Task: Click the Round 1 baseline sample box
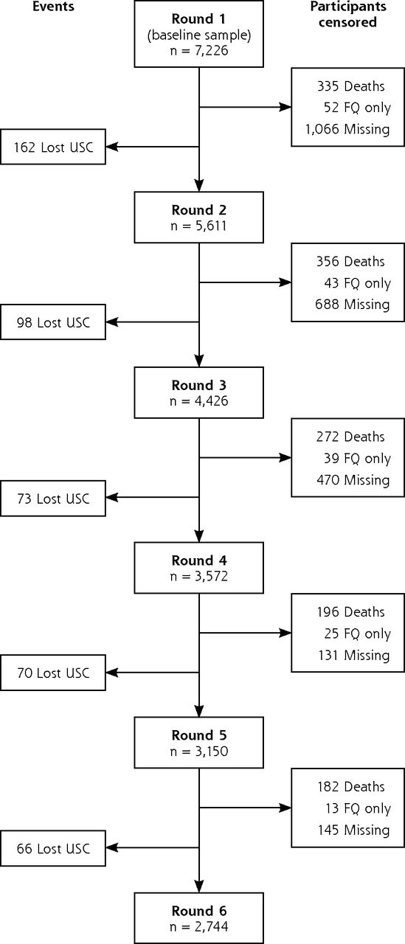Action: pyautogui.click(x=199, y=34)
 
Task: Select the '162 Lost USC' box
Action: pyautogui.click(x=53, y=147)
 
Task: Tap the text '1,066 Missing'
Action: pyautogui.click(x=347, y=129)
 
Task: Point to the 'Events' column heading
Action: pyautogui.click(x=54, y=7)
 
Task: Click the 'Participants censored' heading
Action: pyautogui.click(x=347, y=14)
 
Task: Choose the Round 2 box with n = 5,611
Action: pyautogui.click(x=199, y=218)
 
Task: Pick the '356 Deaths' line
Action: pyautogui.click(x=350, y=261)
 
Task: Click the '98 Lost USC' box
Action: pyautogui.click(x=53, y=322)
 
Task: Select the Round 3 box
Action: pyautogui.click(x=199, y=393)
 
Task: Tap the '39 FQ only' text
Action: pyautogui.click(x=357, y=458)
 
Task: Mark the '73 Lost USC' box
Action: pyautogui.click(x=53, y=498)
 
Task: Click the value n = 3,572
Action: pyautogui.click(x=199, y=576)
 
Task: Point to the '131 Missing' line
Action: pyautogui.click(x=353, y=655)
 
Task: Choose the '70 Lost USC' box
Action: pyautogui.click(x=53, y=673)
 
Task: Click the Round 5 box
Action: pyautogui.click(x=199, y=743)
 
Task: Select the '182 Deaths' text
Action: pyautogui.click(x=351, y=786)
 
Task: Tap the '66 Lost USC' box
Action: pyautogui.click(x=53, y=848)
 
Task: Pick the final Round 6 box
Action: pyautogui.click(x=199, y=918)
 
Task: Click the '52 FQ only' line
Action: pyautogui.click(x=357, y=108)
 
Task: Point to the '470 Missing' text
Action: pyautogui.click(x=353, y=479)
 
